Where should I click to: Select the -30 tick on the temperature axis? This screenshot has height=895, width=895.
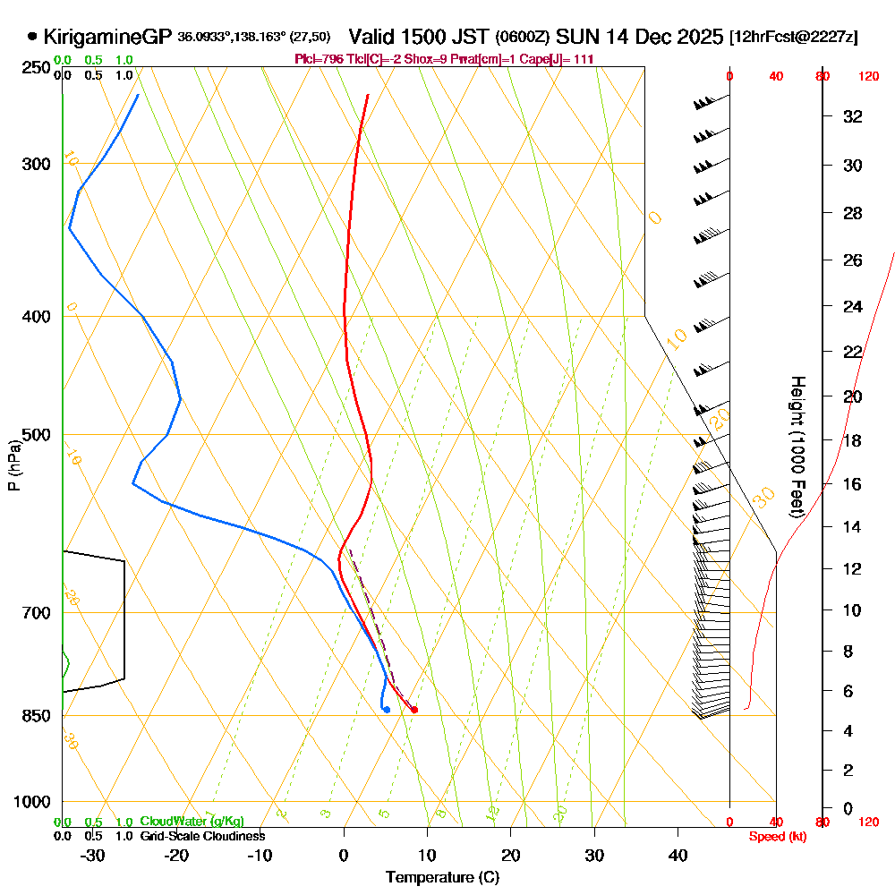coord(93,856)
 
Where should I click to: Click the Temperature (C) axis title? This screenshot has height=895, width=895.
coord(442,878)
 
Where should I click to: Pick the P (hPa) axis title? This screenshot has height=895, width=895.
coord(13,465)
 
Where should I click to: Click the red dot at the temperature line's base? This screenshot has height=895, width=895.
coord(413,710)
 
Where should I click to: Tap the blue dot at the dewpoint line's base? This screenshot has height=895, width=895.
coord(386,710)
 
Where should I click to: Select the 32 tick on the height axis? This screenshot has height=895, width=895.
coord(853,116)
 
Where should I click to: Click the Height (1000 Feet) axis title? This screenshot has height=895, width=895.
coord(795,447)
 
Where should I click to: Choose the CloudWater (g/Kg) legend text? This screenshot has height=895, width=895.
coord(192,822)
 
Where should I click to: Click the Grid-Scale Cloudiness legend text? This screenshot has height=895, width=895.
coord(201,836)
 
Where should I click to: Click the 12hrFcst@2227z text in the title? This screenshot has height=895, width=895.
coord(793,38)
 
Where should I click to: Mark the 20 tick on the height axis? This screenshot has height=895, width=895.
coord(853,396)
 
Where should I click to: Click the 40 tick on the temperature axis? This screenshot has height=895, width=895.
coord(678,856)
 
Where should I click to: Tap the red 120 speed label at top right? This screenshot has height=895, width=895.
coord(868,76)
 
